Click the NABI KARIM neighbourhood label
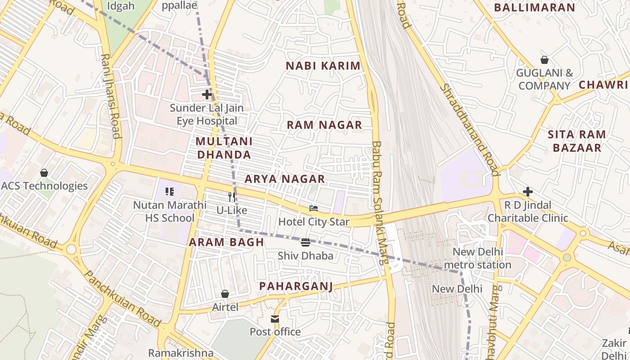(323, 66)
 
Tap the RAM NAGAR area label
(324, 125)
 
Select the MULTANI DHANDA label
(224, 148)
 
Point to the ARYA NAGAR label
(284, 179)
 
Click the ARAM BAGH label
(226, 242)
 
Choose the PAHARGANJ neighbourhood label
(296, 286)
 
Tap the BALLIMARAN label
(535, 8)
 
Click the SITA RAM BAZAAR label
(577, 141)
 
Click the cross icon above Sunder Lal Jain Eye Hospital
(207, 94)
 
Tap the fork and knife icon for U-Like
(232, 197)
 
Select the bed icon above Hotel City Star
(314, 208)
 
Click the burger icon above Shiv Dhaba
(306, 243)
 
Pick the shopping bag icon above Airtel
(225, 294)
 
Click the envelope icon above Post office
(275, 319)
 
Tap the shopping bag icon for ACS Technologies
(44, 173)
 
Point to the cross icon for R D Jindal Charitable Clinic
(528, 192)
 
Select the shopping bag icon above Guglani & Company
(544, 60)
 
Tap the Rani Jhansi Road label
(111, 96)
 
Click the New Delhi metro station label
(477, 258)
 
